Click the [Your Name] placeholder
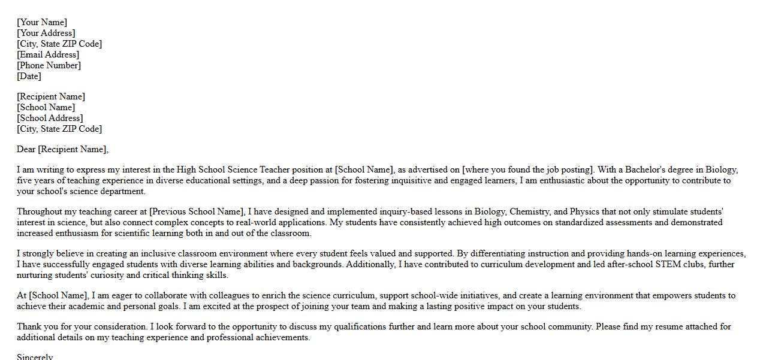click(42, 22)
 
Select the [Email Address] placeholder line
click(48, 55)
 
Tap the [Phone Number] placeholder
click(49, 65)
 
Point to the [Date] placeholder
click(29, 76)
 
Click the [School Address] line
click(50, 118)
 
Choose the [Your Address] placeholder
click(46, 33)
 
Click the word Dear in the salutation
click(26, 149)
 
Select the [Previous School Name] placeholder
click(197, 211)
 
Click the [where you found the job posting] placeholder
click(528, 170)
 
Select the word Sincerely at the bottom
click(35, 357)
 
